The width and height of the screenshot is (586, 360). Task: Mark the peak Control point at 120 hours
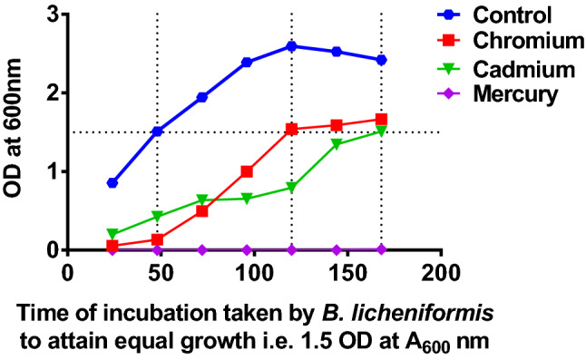(x=291, y=46)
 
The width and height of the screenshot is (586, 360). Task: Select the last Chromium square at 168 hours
(x=381, y=120)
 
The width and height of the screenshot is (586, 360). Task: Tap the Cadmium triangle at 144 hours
(x=337, y=144)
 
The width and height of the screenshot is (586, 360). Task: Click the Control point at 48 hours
(x=157, y=131)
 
